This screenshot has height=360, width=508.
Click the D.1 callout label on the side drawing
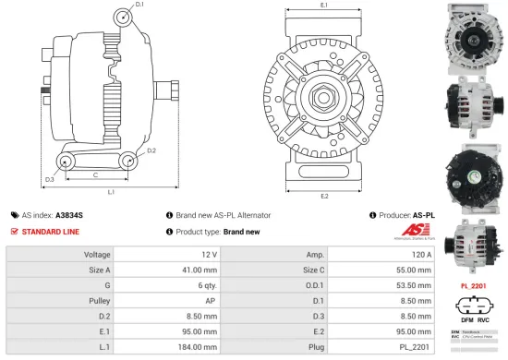[x=139, y=6]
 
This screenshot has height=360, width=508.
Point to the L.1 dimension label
[x=110, y=192]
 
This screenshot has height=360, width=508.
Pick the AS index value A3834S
[x=69, y=214]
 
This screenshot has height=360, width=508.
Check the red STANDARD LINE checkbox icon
[x=14, y=231]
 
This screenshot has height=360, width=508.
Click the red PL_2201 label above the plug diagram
[x=474, y=286]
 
